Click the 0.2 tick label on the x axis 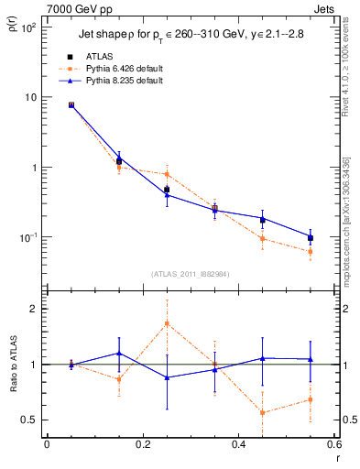click(x=142, y=445)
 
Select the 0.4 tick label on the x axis click(x=238, y=445)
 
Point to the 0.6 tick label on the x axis click(x=333, y=445)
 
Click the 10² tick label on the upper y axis click(x=27, y=27)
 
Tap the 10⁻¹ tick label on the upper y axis click(x=27, y=237)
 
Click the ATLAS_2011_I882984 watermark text click(x=191, y=274)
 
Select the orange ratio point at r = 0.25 click(x=167, y=323)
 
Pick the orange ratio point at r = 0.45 click(x=263, y=412)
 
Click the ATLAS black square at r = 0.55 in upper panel click(x=311, y=238)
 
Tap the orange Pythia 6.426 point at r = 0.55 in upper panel click(x=311, y=252)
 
